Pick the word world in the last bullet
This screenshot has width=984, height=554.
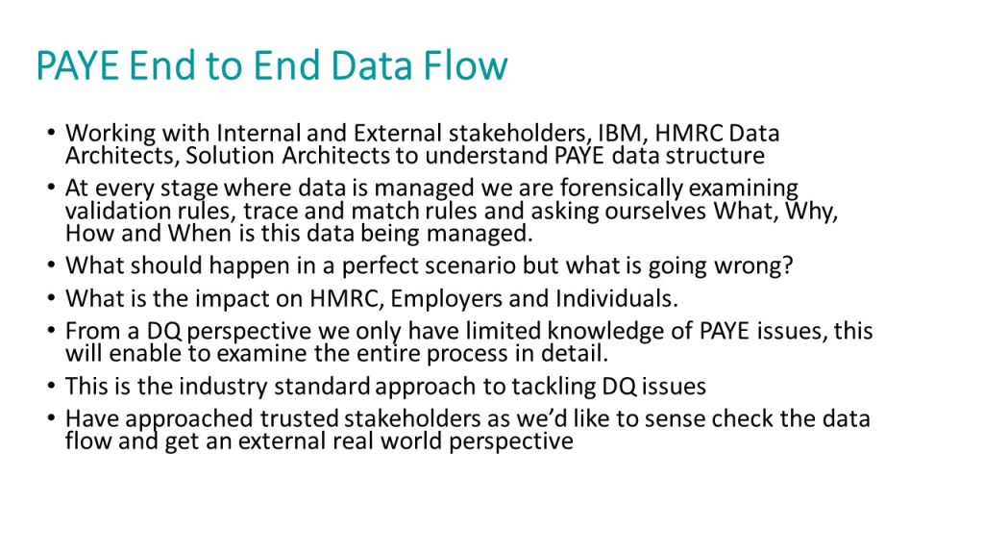click(411, 441)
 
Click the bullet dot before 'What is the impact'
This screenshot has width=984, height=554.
click(51, 298)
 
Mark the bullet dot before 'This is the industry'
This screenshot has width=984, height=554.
click(51, 386)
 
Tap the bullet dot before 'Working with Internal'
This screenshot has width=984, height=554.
click(51, 133)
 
